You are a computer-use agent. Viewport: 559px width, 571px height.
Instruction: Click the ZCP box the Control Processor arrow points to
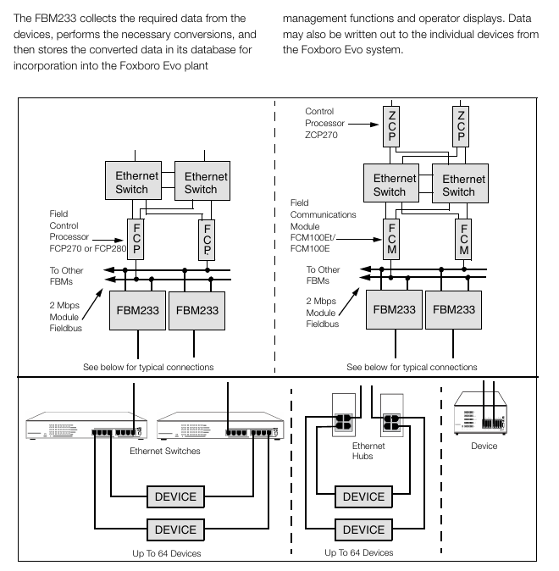[x=391, y=126]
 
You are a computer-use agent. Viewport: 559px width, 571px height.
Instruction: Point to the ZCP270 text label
[x=321, y=135]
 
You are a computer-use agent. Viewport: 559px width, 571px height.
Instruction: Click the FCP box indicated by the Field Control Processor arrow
[x=136, y=239]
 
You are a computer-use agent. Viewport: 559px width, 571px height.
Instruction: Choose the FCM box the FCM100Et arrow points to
[x=391, y=239]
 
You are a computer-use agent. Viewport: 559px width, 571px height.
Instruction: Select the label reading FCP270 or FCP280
[x=88, y=249]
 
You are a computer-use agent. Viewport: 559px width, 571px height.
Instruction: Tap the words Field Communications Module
[x=323, y=214]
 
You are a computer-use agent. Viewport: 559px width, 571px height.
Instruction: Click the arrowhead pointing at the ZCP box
[x=374, y=125]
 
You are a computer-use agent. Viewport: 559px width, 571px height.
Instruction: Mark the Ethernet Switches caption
[x=165, y=452]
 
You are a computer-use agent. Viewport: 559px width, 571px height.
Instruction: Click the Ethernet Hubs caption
[x=368, y=451]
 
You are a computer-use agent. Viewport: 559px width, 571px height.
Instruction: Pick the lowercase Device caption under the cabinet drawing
[x=484, y=446]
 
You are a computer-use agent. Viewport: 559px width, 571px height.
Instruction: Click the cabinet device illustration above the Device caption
[x=480, y=413]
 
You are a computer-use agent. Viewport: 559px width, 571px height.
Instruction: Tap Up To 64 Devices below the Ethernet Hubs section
[x=359, y=553]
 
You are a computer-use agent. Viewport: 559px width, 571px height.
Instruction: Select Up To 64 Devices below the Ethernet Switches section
[x=166, y=553]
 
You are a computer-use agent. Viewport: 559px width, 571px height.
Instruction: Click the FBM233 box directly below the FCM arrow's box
[x=394, y=309]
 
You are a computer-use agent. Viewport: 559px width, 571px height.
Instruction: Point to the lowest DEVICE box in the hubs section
[x=363, y=529]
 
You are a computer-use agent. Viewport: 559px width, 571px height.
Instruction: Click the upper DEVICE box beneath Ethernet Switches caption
[x=175, y=496]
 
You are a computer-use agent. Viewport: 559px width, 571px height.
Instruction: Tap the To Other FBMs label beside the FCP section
[x=66, y=276]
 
